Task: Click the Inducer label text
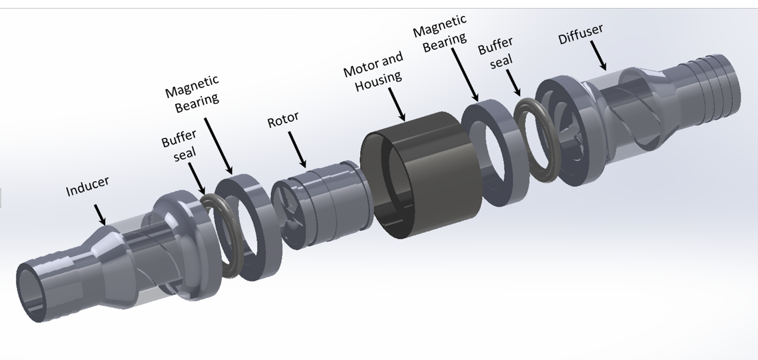click(x=88, y=186)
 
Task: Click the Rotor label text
click(x=283, y=120)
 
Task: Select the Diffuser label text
click(x=580, y=33)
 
